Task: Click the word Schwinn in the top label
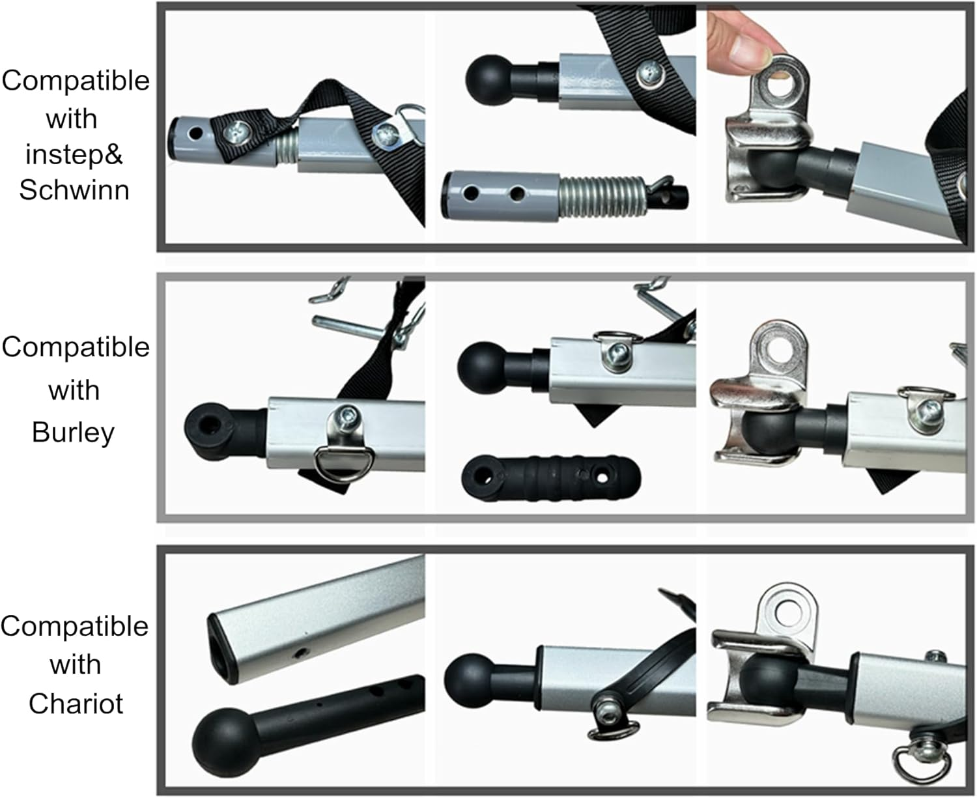tap(74, 190)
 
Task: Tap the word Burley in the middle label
tap(73, 433)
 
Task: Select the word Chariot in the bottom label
tap(76, 704)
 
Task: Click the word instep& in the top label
tap(74, 154)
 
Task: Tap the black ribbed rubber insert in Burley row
tap(551, 477)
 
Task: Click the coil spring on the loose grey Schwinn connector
tap(602, 197)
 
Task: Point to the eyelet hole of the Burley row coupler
tap(780, 352)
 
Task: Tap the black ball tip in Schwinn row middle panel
tap(487, 79)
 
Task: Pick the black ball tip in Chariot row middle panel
tap(468, 680)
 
